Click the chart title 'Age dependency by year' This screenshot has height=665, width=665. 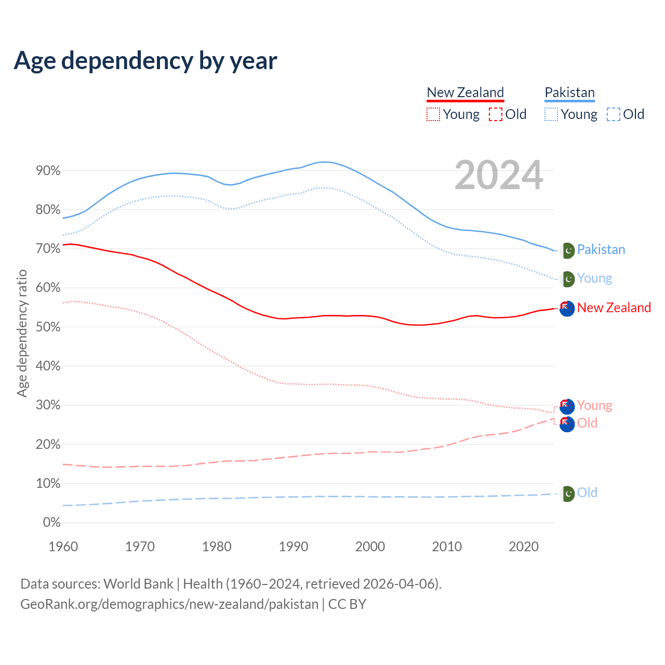click(x=145, y=61)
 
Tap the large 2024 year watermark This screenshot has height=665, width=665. click(x=499, y=175)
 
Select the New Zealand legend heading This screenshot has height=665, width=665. click(x=465, y=92)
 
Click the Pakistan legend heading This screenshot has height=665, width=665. click(x=569, y=92)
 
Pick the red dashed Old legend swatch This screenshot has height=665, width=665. click(x=496, y=114)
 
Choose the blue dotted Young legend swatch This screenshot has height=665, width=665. click(x=551, y=114)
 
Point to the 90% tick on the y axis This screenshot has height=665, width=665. click(x=48, y=171)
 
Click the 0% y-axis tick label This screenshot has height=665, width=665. click(x=51, y=523)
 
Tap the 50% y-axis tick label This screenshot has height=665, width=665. click(x=48, y=327)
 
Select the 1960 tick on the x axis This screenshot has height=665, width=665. click(x=63, y=547)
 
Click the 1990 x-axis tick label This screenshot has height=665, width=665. click(x=293, y=547)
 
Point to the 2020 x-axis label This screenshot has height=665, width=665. click(x=523, y=547)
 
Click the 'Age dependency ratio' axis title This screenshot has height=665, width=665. click(x=22, y=333)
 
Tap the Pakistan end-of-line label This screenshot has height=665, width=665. click(x=601, y=250)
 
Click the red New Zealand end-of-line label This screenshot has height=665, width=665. click(x=614, y=308)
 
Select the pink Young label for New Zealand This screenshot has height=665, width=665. click(x=594, y=405)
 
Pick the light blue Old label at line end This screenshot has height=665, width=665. click(x=587, y=493)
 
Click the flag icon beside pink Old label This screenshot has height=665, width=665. click(x=567, y=424)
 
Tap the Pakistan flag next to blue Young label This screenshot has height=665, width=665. click(x=568, y=279)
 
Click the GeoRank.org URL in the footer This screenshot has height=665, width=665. click(x=169, y=604)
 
